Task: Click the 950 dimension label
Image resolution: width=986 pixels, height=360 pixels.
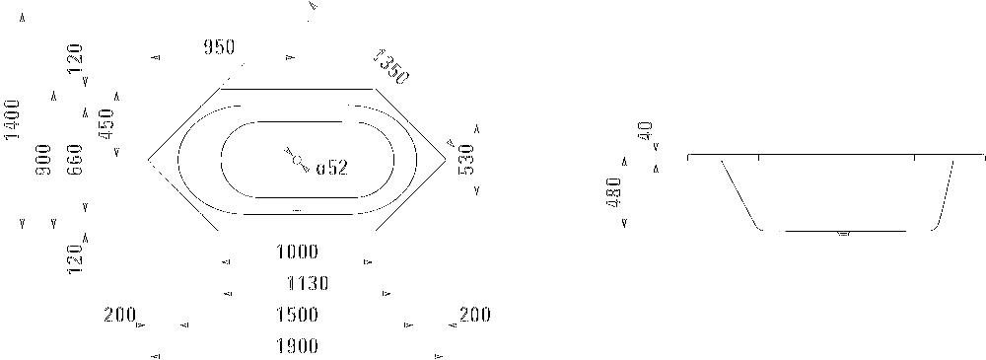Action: click(218, 47)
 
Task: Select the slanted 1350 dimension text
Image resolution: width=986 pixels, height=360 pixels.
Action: click(390, 66)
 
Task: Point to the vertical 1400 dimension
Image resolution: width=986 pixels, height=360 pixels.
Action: click(13, 119)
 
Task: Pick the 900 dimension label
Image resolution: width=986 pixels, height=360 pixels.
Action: click(43, 160)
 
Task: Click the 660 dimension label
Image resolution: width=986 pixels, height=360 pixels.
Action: click(75, 160)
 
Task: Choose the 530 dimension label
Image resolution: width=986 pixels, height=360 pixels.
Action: click(466, 159)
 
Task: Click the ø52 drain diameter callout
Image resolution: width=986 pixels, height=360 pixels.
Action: click(332, 168)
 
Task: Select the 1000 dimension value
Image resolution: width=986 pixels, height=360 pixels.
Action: click(297, 252)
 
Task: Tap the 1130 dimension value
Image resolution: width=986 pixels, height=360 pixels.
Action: click(307, 284)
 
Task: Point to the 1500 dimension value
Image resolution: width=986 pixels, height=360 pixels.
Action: click(297, 316)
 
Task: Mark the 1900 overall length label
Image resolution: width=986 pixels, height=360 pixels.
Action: click(297, 346)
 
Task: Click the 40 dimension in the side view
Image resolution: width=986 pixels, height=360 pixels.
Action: click(646, 131)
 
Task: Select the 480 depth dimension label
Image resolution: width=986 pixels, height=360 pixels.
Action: click(614, 192)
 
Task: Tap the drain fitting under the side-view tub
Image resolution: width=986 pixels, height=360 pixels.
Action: click(843, 235)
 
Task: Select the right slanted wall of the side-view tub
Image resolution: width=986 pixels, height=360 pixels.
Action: click(945, 191)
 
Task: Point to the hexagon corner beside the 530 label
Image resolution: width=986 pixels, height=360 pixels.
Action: click(446, 157)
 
